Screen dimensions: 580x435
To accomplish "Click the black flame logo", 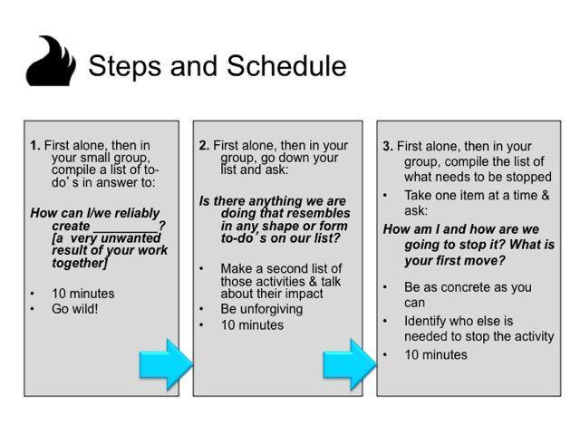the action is pyautogui.click(x=51, y=62).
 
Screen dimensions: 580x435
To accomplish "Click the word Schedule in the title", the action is pyautogui.click(x=286, y=66).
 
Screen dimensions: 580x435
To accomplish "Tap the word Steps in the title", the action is pyautogui.click(x=125, y=66).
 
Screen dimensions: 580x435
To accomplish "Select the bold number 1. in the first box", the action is pyautogui.click(x=35, y=145).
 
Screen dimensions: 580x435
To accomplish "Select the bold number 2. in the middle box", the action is pyautogui.click(x=204, y=145).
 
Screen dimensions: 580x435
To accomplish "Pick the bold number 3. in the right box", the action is pyautogui.click(x=388, y=146).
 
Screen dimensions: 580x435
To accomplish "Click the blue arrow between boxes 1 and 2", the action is pyautogui.click(x=166, y=364).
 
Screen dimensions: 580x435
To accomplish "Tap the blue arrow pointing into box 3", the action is pyautogui.click(x=350, y=364).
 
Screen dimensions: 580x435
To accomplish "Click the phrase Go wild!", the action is pyautogui.click(x=75, y=308).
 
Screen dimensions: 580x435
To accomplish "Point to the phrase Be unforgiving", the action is pyautogui.click(x=262, y=309).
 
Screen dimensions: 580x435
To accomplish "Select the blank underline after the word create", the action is pyautogui.click(x=126, y=231).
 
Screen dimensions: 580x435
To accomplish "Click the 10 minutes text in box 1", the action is pyautogui.click(x=82, y=294).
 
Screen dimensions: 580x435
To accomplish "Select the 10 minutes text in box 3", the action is pyautogui.click(x=436, y=354).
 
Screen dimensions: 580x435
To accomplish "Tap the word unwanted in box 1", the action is pyautogui.click(x=130, y=237).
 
